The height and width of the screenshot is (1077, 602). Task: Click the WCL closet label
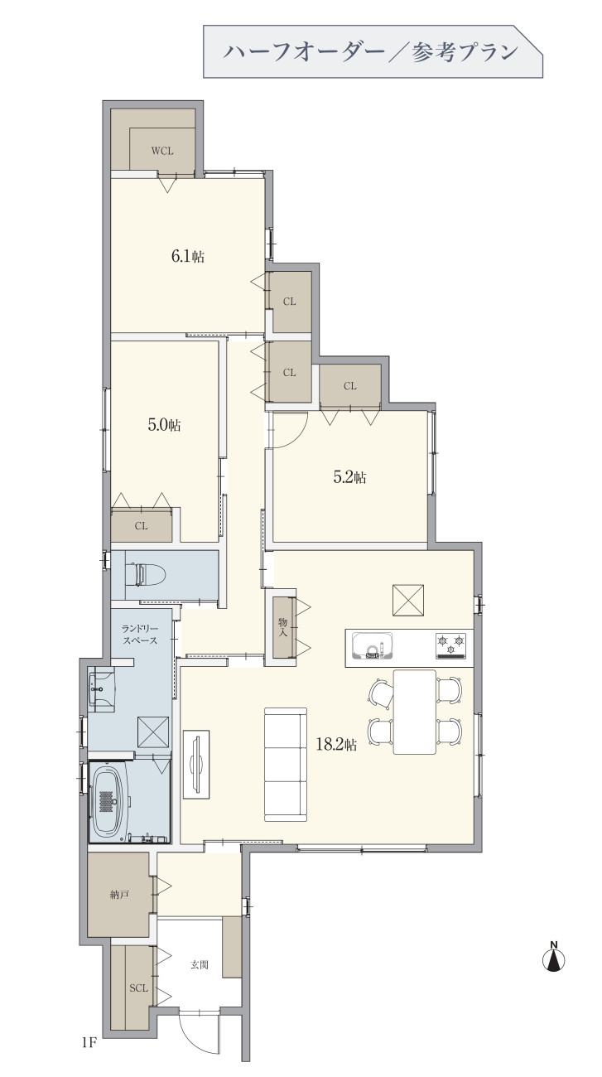162,151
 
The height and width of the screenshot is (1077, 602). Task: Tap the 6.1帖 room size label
188,256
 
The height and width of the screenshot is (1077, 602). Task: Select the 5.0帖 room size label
164,425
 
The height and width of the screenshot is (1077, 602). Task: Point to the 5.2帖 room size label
349,477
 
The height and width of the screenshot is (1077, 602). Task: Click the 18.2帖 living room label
336,745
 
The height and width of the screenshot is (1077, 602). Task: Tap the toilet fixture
145,574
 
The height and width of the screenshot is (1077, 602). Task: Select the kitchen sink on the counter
372,647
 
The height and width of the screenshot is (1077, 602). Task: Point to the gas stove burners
451,645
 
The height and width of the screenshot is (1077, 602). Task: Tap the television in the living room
196,765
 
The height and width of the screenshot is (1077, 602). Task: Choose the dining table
415,712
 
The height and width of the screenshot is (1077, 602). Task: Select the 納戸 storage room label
118,895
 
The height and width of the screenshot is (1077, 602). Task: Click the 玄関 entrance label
200,965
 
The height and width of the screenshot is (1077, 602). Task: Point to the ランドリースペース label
140,634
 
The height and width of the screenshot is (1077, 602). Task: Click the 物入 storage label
282,627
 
